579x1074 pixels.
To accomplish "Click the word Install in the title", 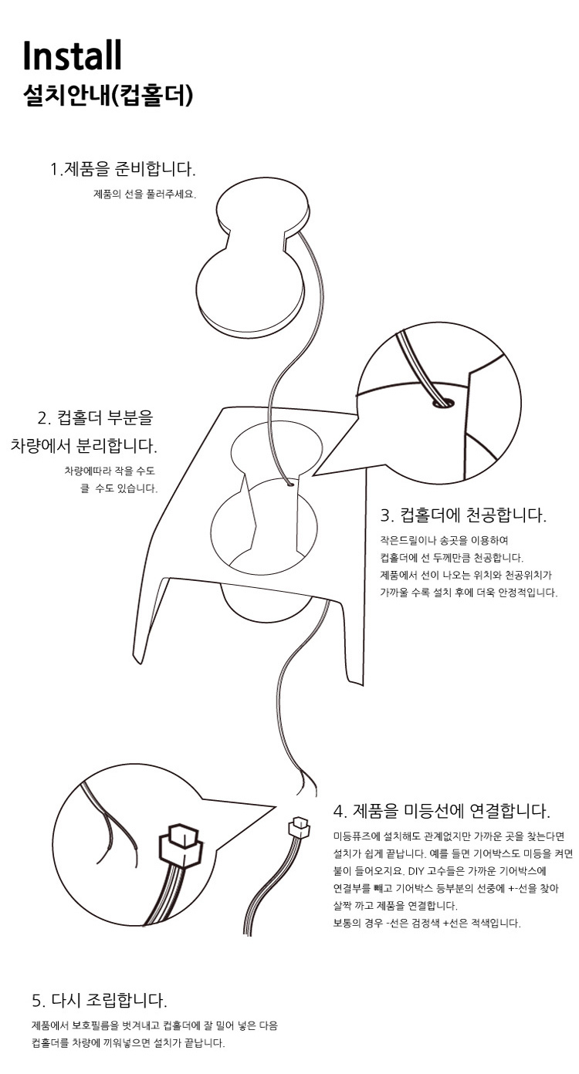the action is (73, 56).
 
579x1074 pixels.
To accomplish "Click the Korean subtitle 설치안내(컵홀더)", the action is (108, 96).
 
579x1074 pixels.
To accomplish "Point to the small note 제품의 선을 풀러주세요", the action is (144, 194).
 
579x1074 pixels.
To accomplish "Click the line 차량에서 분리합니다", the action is (84, 445).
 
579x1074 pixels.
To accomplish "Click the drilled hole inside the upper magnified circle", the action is (443, 403).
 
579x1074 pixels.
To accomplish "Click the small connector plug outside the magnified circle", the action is (298, 828).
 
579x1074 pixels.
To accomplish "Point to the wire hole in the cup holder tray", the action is (289, 485).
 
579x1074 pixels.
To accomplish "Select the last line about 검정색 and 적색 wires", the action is (427, 923).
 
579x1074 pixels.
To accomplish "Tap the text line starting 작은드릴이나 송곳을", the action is (444, 540).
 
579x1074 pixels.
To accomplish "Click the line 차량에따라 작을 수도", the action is (110, 471).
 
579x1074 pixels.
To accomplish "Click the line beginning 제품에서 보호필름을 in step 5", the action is (154, 1025).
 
